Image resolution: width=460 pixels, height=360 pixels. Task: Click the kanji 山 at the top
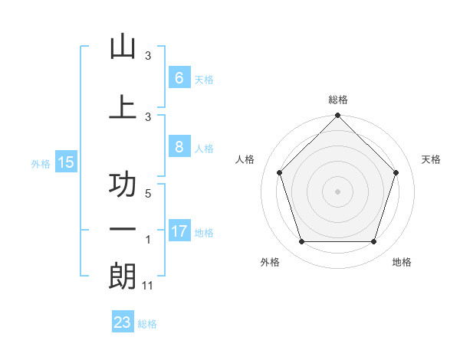coord(123,47)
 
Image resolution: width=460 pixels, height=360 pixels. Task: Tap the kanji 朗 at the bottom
coord(123,277)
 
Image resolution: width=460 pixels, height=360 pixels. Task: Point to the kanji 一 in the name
coord(123,231)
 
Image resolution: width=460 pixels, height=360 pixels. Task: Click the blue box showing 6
coord(179,77)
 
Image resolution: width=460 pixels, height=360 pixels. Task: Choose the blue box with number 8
coord(179,147)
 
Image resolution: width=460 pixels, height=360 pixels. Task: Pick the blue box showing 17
coord(179,231)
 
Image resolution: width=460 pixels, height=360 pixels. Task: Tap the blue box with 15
coord(65,162)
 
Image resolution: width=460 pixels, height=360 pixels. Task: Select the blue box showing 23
coord(123,322)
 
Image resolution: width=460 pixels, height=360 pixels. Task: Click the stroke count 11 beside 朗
coord(148,286)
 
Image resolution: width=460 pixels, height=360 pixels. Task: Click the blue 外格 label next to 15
coord(41,163)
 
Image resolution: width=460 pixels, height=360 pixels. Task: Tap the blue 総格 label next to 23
coord(148,324)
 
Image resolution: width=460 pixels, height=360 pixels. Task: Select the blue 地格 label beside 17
coord(204,233)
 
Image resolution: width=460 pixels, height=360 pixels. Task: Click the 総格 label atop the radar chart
coord(338,100)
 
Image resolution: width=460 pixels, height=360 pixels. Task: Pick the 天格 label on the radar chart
coord(432,159)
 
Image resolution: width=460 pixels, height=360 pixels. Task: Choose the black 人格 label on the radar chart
coord(245,159)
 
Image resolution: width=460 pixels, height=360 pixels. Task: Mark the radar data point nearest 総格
coord(338,116)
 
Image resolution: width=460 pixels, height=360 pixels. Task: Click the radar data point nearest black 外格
coord(301,242)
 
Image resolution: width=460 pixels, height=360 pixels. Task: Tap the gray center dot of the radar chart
coord(338,191)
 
